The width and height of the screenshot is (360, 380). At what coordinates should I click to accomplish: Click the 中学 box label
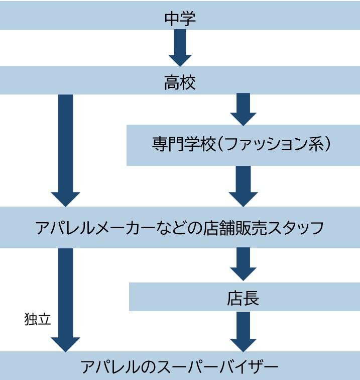[x=180, y=19]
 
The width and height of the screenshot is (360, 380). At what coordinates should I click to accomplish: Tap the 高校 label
[x=180, y=82]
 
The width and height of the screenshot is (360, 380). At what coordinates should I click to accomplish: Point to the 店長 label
[x=243, y=298]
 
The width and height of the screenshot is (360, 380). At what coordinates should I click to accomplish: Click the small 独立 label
[x=38, y=319]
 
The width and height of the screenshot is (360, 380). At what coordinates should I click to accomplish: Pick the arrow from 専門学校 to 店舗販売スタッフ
[x=243, y=185]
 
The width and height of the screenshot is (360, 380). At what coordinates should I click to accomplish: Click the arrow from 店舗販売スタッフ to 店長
[x=243, y=264]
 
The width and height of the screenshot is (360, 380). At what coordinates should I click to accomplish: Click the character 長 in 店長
[x=251, y=298]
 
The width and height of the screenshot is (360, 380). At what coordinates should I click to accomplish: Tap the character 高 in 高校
[x=172, y=82]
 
